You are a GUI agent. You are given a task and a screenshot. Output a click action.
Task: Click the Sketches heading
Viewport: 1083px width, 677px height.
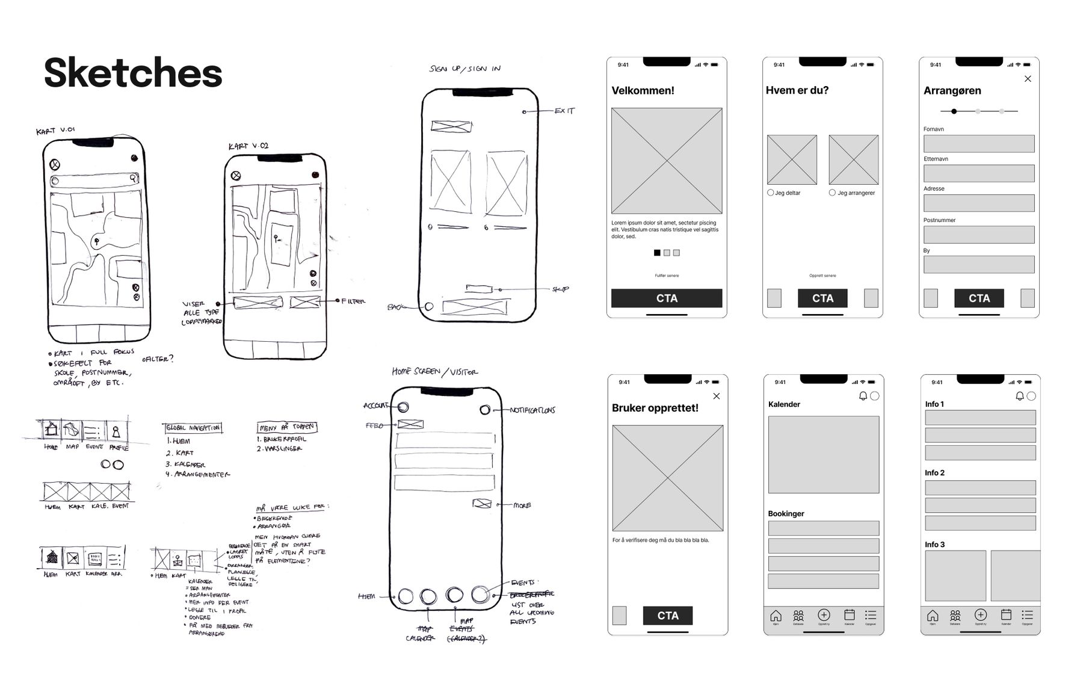click(133, 73)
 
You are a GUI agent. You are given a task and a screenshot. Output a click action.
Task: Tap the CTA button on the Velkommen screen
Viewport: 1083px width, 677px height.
click(667, 298)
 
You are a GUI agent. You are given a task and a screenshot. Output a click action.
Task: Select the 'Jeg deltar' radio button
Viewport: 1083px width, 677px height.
click(771, 193)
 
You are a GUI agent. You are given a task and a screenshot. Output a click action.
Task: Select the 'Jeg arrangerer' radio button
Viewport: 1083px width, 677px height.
click(832, 193)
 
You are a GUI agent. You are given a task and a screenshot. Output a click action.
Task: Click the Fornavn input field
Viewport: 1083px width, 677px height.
click(979, 144)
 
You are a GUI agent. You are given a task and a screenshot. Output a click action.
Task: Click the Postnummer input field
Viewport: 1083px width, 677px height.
click(979, 235)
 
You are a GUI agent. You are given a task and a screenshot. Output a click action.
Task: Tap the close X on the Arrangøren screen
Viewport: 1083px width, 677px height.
click(1028, 79)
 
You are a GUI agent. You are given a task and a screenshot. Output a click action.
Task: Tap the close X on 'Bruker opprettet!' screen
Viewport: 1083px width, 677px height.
click(716, 396)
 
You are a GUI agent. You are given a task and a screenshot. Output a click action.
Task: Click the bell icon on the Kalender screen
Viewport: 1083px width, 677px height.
click(863, 396)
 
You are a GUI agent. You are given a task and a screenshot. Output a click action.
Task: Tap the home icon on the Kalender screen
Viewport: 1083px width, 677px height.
click(776, 616)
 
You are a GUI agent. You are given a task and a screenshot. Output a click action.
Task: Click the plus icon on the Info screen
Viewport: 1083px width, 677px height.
click(981, 615)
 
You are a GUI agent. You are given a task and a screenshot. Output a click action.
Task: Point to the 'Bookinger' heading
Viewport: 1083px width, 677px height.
click(786, 514)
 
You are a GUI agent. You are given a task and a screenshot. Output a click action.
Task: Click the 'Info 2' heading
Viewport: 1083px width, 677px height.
click(934, 473)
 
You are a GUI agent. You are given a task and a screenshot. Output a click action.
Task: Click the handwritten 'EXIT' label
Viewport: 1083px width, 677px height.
click(564, 111)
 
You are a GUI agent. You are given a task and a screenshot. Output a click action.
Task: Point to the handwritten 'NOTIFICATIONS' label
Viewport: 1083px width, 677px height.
click(532, 410)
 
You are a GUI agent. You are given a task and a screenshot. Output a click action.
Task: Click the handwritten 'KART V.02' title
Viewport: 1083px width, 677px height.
click(248, 146)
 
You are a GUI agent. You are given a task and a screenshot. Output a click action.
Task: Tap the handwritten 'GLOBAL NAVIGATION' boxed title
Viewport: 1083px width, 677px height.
click(193, 428)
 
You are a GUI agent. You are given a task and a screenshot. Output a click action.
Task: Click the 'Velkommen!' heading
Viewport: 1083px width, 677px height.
click(643, 91)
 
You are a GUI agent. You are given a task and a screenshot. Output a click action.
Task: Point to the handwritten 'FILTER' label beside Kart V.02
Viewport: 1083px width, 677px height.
click(353, 301)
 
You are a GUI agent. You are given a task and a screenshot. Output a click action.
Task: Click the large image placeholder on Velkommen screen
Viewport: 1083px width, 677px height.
click(667, 161)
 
